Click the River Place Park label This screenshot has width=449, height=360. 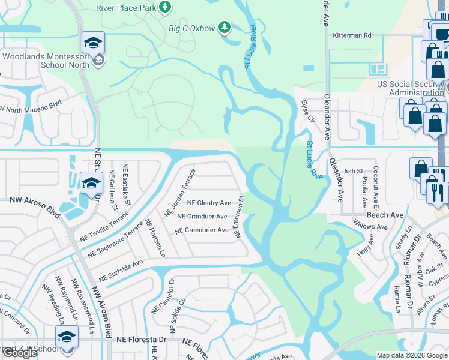125,8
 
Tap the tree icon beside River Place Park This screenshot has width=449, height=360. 164,7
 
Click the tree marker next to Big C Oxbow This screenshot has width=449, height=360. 224,27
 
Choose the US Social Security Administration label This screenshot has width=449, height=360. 411,88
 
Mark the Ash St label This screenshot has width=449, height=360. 354,172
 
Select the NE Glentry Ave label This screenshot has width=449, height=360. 209,203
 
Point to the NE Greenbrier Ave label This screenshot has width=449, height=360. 202,230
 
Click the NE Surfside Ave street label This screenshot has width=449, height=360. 121,271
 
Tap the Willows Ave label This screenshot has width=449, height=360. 370,227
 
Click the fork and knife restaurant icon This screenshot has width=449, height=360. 436,193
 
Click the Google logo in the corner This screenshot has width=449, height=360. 20,353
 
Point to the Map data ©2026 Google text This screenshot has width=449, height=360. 411,355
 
